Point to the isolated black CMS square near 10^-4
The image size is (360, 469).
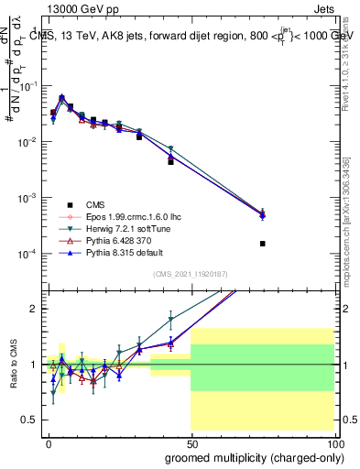263,244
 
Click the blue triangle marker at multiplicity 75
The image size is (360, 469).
263,215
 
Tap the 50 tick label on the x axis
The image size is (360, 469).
191,442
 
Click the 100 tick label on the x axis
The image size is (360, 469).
334,442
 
